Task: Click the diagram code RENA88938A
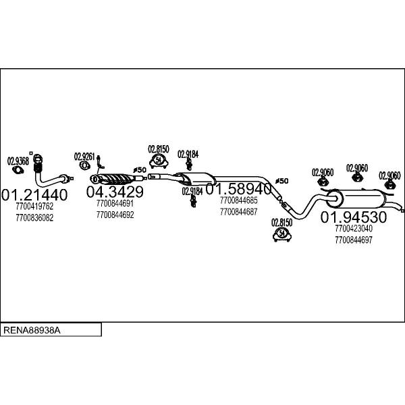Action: (32, 330)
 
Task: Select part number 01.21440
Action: (34, 195)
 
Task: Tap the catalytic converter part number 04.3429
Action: (115, 192)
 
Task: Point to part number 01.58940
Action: (238, 189)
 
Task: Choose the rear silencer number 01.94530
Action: (354, 217)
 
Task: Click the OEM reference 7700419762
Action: (34, 207)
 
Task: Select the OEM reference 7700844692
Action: (115, 215)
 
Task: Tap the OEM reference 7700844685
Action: (239, 200)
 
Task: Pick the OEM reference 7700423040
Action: (354, 228)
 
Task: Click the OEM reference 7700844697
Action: (354, 240)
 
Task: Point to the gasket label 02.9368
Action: (18, 161)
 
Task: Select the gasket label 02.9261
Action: (84, 157)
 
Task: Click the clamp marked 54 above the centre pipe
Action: (159, 161)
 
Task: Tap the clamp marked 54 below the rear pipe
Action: (282, 234)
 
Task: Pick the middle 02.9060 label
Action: (357, 168)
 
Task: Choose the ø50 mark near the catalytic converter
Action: (140, 170)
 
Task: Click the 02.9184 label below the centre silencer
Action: (192, 192)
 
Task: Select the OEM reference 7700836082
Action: (34, 218)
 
